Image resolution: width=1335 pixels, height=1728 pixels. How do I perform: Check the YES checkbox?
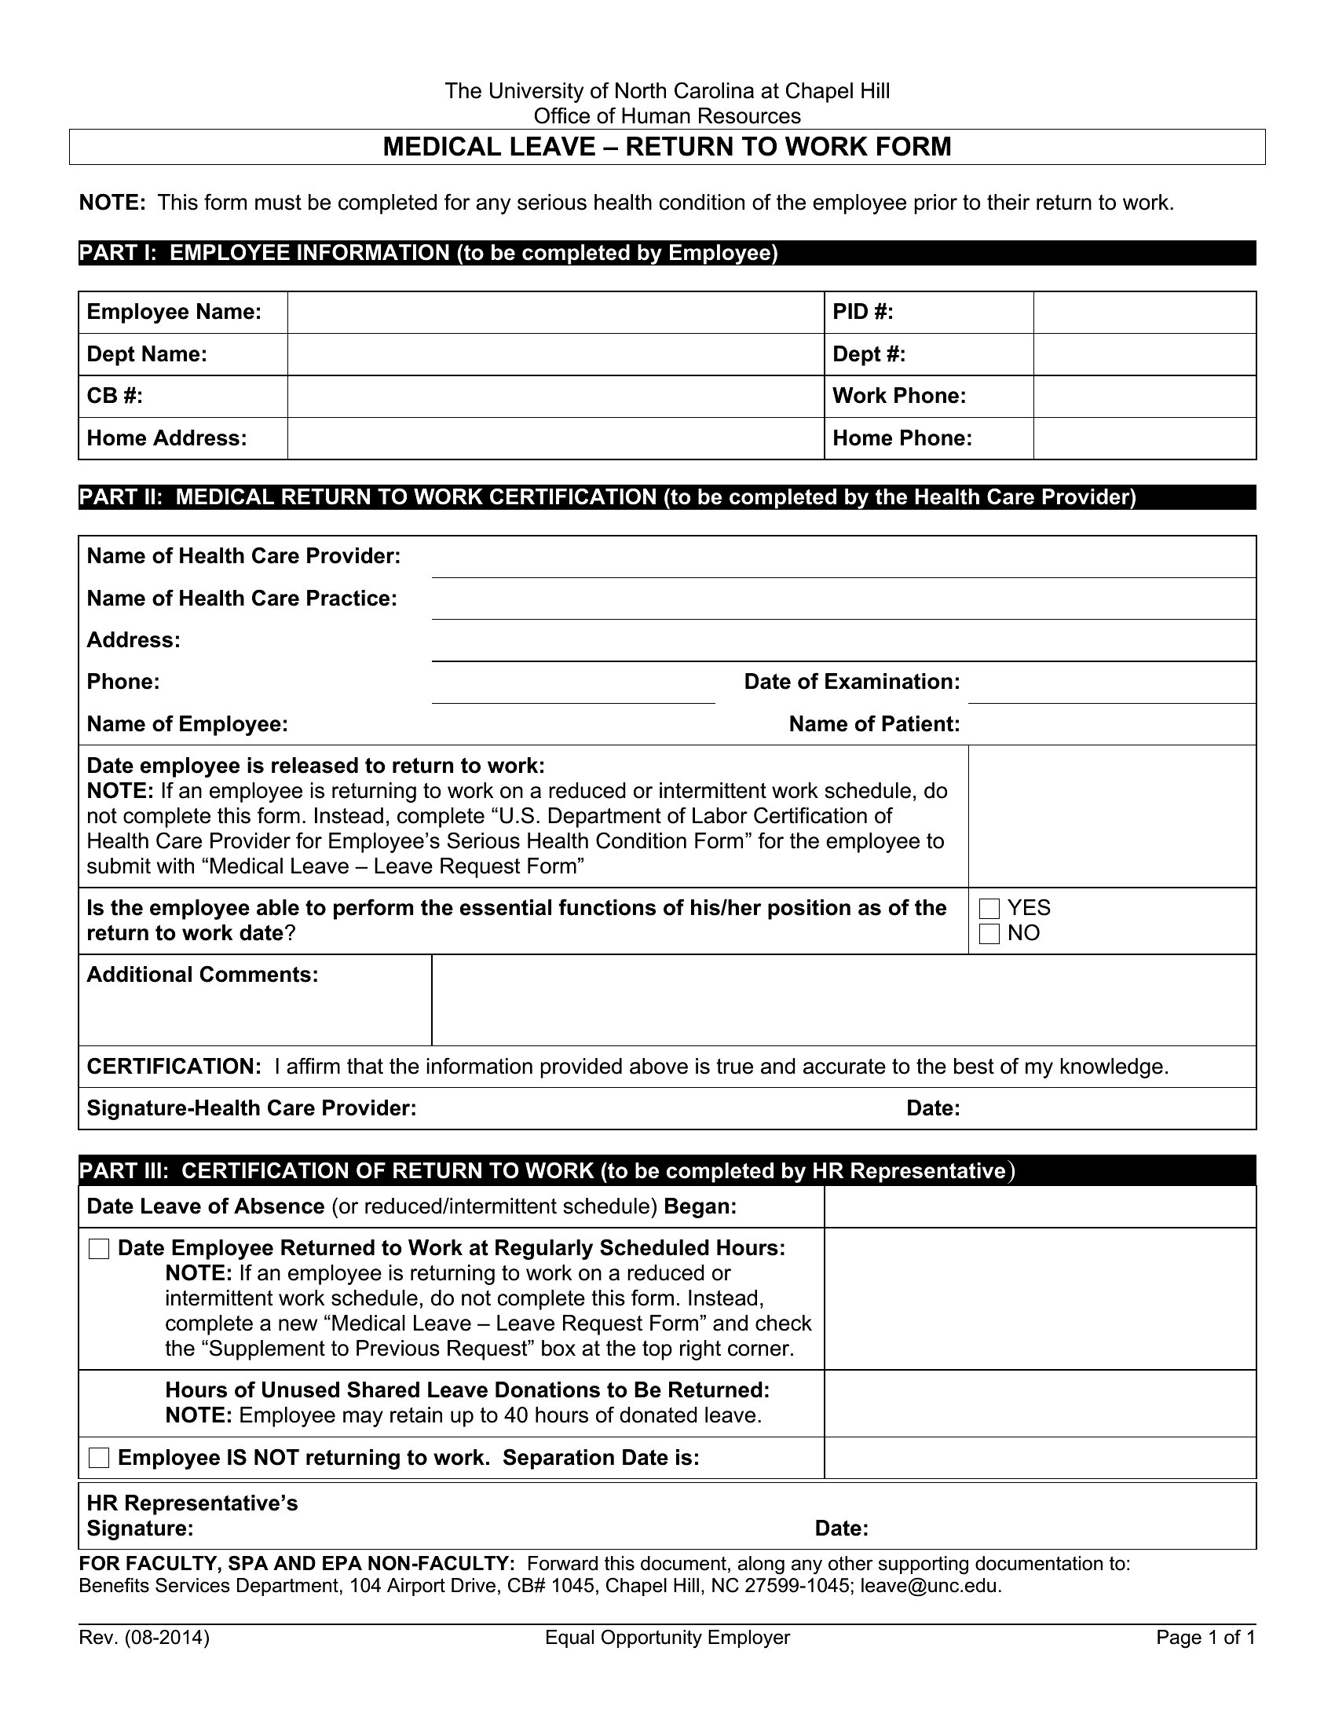pyautogui.click(x=989, y=908)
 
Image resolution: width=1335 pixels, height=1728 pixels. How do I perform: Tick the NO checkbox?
pyautogui.click(x=989, y=934)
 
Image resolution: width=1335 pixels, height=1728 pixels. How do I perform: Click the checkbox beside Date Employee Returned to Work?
pyautogui.click(x=99, y=1249)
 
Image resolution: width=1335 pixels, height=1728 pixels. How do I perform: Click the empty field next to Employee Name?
pyautogui.click(x=555, y=313)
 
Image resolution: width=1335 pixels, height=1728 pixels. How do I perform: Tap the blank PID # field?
pyautogui.click(x=1143, y=313)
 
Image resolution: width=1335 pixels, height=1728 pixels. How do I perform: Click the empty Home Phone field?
pyautogui.click(x=1143, y=438)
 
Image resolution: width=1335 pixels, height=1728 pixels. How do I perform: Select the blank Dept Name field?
pyautogui.click(x=555, y=354)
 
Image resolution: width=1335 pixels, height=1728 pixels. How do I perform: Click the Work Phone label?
pyautogui.click(x=899, y=396)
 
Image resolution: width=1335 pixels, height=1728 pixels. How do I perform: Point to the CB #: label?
pyautogui.click(x=115, y=396)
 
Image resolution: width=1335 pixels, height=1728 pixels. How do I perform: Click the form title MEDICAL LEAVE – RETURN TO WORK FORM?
pyautogui.click(x=667, y=147)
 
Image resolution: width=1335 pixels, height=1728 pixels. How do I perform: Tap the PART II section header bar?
pyautogui.click(x=667, y=497)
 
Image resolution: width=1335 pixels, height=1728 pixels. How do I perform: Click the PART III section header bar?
pyautogui.click(x=667, y=1171)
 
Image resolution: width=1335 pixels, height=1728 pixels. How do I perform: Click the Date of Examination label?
pyautogui.click(x=852, y=682)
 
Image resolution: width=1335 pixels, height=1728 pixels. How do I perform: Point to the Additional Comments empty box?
pyautogui.click(x=843, y=1000)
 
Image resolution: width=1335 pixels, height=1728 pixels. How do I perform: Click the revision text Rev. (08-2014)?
pyautogui.click(x=144, y=1638)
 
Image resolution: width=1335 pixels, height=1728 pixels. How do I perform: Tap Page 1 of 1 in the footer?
pyautogui.click(x=1205, y=1638)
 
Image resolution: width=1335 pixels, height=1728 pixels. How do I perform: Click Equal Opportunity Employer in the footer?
pyautogui.click(x=667, y=1638)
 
